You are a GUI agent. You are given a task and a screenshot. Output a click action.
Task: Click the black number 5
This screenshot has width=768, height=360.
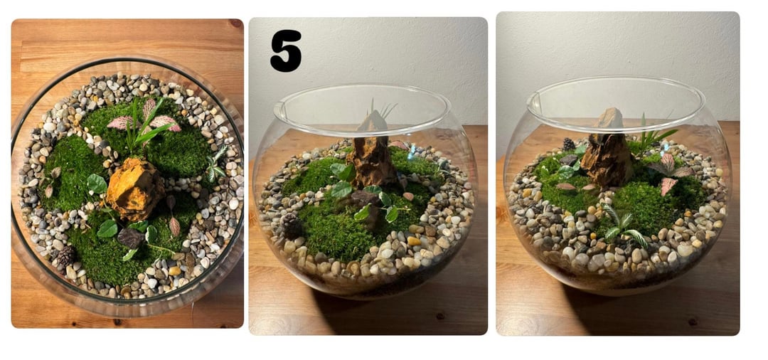(x=286, y=51)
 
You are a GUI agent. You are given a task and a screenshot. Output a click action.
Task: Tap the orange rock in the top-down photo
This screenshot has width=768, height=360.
(x=134, y=189)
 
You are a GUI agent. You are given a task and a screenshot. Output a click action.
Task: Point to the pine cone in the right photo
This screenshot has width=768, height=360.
(x=568, y=144)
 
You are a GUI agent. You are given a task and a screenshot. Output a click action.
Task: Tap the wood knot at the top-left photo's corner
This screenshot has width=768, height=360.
(x=236, y=23)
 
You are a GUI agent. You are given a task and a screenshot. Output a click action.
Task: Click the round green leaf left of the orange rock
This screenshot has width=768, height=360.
(x=96, y=184)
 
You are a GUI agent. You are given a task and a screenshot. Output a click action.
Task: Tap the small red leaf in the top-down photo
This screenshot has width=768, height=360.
(x=174, y=226)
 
